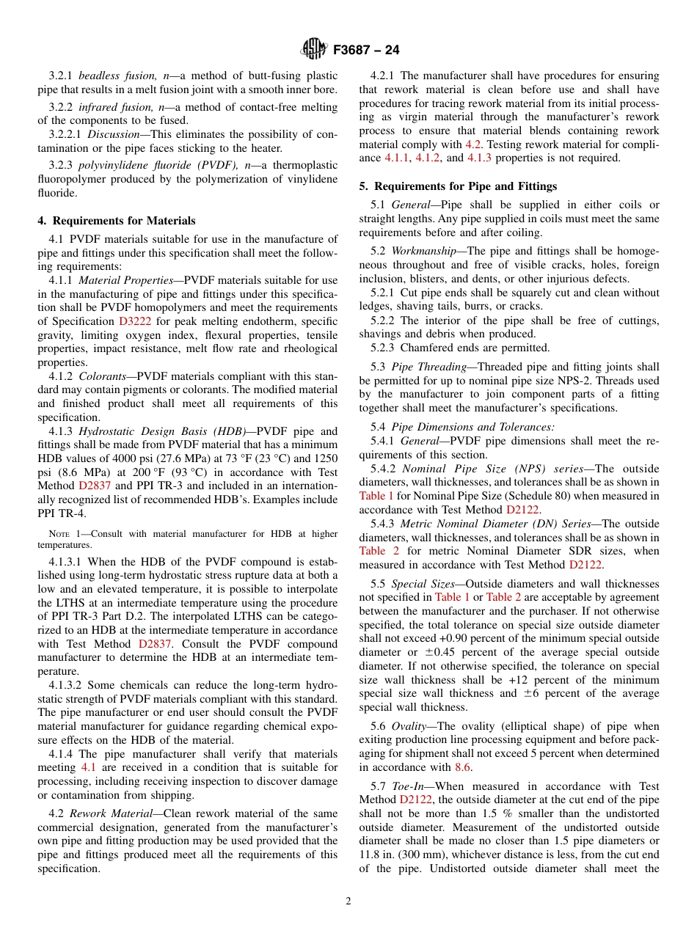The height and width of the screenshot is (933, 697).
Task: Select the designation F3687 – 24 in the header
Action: coord(366,51)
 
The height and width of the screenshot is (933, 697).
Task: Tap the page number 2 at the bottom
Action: coord(348,901)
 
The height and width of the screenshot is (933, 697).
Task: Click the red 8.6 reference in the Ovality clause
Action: coord(463,767)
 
